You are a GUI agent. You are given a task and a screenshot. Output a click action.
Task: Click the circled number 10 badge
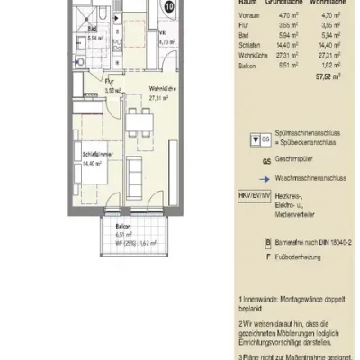(170, 7)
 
